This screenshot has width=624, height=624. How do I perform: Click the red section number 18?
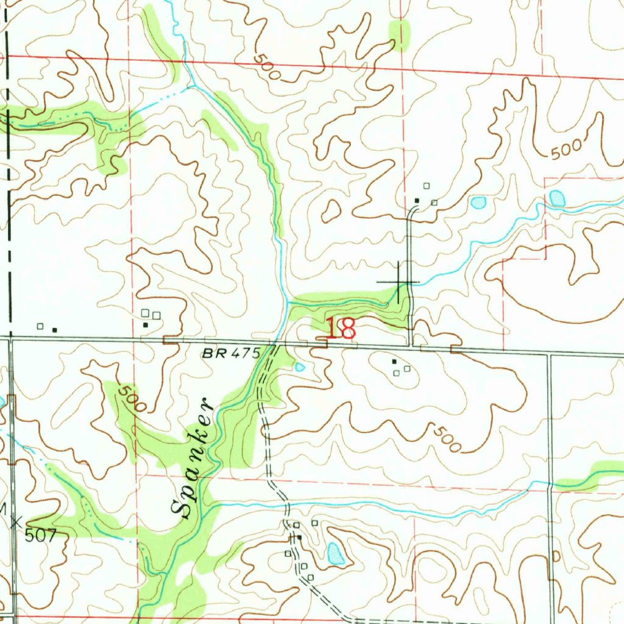[340, 329]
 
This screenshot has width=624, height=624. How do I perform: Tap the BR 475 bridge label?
[232, 353]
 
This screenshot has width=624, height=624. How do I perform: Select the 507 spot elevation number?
[41, 536]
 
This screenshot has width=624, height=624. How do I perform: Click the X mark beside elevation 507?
[16, 522]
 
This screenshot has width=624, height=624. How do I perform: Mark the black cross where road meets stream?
[398, 282]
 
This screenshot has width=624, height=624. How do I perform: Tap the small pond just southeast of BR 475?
[299, 367]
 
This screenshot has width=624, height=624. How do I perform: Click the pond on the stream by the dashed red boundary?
[556, 198]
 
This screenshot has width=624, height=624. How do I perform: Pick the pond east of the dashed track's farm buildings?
[335, 553]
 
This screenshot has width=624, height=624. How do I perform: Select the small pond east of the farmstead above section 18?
[478, 202]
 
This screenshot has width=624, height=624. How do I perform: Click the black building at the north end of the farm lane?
[417, 200]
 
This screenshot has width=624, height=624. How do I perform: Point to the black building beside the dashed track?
[299, 537]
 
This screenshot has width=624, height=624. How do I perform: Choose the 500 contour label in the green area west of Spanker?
[128, 399]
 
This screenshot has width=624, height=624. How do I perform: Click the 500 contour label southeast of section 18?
[447, 439]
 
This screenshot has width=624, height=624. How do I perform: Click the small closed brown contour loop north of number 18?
[331, 211]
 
